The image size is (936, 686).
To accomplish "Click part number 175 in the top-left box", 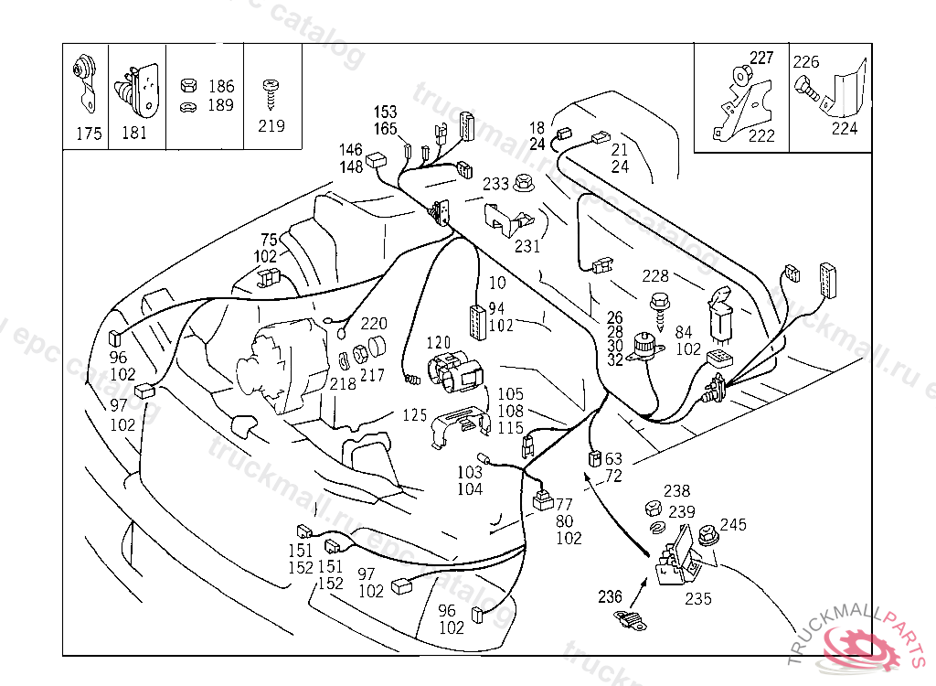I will (x=89, y=134).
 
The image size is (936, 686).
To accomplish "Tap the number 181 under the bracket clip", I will (x=133, y=134).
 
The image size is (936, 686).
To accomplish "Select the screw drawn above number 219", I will (x=271, y=90).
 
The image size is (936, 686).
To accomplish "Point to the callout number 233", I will (x=495, y=184).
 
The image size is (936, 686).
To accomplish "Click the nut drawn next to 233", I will (x=525, y=182).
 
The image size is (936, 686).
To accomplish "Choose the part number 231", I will (x=527, y=245).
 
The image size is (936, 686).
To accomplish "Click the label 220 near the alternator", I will (x=374, y=323).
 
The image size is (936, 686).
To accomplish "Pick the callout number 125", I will (x=415, y=415).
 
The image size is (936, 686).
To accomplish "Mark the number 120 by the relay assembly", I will (x=441, y=342).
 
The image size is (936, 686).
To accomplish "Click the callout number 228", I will (x=654, y=275).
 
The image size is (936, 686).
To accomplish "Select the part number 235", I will (x=698, y=600).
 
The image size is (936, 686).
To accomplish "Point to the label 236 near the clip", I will (x=610, y=596).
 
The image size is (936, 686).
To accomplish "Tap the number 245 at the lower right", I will (x=733, y=524).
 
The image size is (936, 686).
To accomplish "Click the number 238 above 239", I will (x=677, y=491).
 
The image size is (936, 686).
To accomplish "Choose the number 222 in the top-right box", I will (x=761, y=136).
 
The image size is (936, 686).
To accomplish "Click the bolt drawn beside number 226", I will (x=808, y=91).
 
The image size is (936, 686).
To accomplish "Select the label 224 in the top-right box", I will (x=845, y=128).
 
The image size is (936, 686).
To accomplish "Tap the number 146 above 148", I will (x=351, y=149).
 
